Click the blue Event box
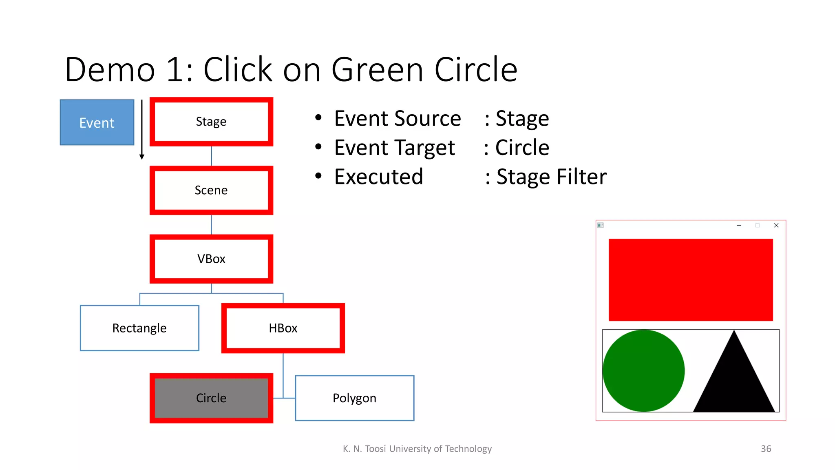97,122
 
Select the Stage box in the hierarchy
211,122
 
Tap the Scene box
211,190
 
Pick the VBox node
211,259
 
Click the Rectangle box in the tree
139,328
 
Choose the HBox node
283,328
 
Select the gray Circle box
211,398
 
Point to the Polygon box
354,398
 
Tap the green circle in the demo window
643,370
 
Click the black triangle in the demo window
734,379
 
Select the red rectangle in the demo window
691,280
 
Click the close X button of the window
776,225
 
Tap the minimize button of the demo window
739,225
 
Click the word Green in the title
377,70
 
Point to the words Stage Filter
551,177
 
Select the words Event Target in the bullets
394,148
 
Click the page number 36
766,449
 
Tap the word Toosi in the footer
375,449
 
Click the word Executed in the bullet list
379,177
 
